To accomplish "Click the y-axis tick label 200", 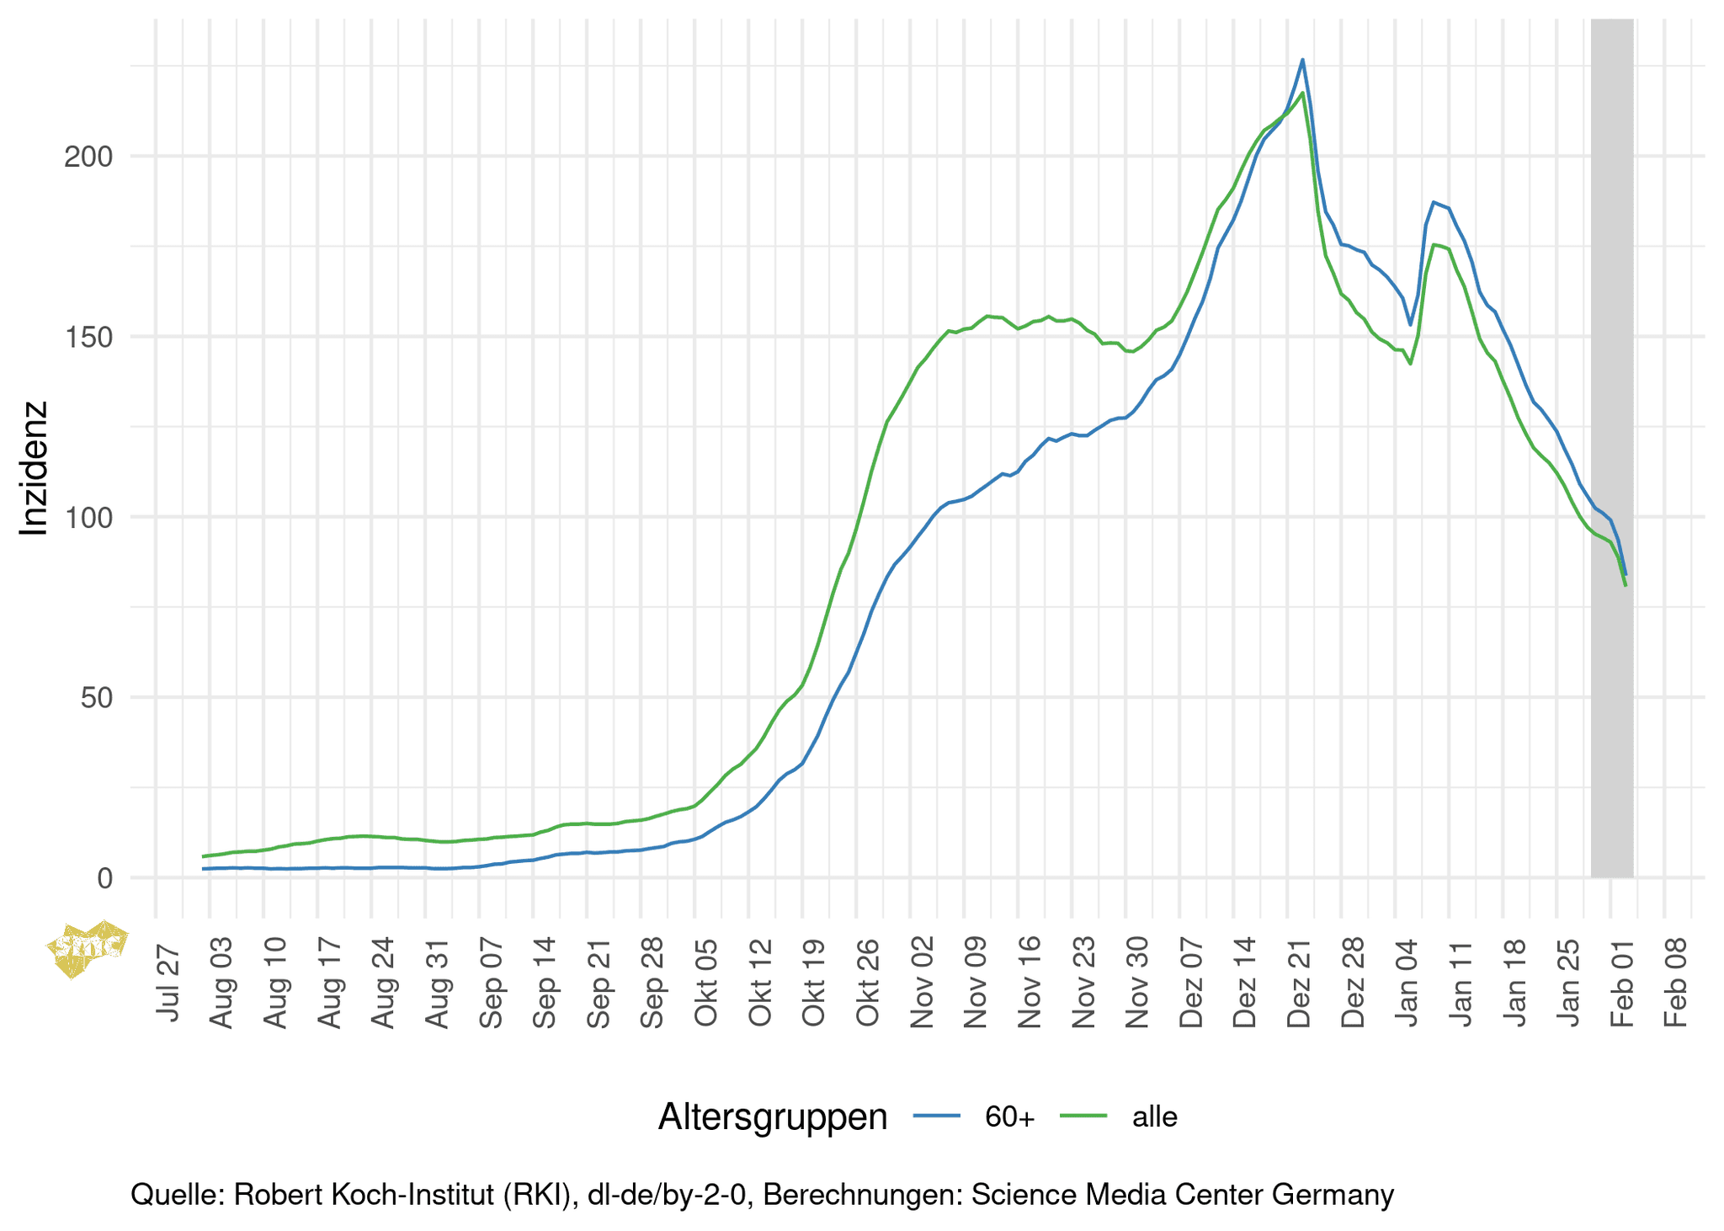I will click(88, 157).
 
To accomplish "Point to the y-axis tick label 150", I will click(88, 337).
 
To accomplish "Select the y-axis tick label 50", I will click(96, 698).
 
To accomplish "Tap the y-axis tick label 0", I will click(104, 878).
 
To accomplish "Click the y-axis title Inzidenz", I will click(35, 468).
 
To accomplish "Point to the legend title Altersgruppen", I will click(772, 1117).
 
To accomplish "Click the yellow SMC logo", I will click(87, 949).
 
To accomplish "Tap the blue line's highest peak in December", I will click(1302, 60).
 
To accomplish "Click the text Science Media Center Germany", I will click(1182, 1195).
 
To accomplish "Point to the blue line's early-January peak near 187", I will click(1434, 202).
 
